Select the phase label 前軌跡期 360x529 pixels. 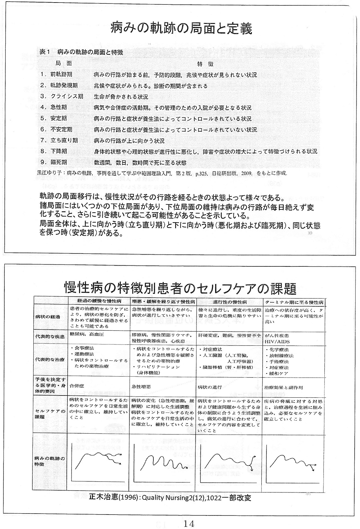(x=61, y=75)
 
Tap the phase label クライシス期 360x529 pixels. (x=66, y=96)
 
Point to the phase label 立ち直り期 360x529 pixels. (x=64, y=140)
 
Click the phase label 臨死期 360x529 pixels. (x=58, y=162)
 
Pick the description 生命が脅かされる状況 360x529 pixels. (x=121, y=97)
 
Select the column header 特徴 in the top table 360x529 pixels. (x=205, y=64)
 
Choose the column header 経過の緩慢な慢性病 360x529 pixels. (x=99, y=301)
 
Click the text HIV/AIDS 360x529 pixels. (x=277, y=341)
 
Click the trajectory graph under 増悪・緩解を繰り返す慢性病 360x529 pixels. (x=163, y=461)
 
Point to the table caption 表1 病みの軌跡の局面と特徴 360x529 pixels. (x=81, y=52)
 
